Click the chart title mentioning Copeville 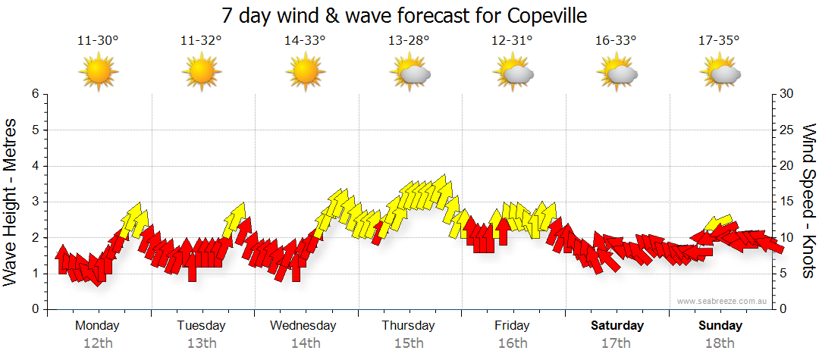click(404, 15)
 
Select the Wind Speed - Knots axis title click(808, 202)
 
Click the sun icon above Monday click(99, 72)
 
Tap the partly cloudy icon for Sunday click(720, 73)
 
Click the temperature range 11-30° click(98, 41)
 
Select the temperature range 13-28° click(409, 41)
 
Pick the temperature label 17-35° click(719, 41)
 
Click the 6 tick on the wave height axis click(34, 94)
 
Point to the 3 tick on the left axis click(34, 202)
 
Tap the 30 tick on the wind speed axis click(787, 94)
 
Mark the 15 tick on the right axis click(787, 202)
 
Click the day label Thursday click(408, 326)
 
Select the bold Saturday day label click(617, 326)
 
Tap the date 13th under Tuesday click(202, 343)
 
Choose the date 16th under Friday click(512, 343)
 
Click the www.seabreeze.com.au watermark click(723, 301)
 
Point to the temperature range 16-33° click(616, 41)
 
